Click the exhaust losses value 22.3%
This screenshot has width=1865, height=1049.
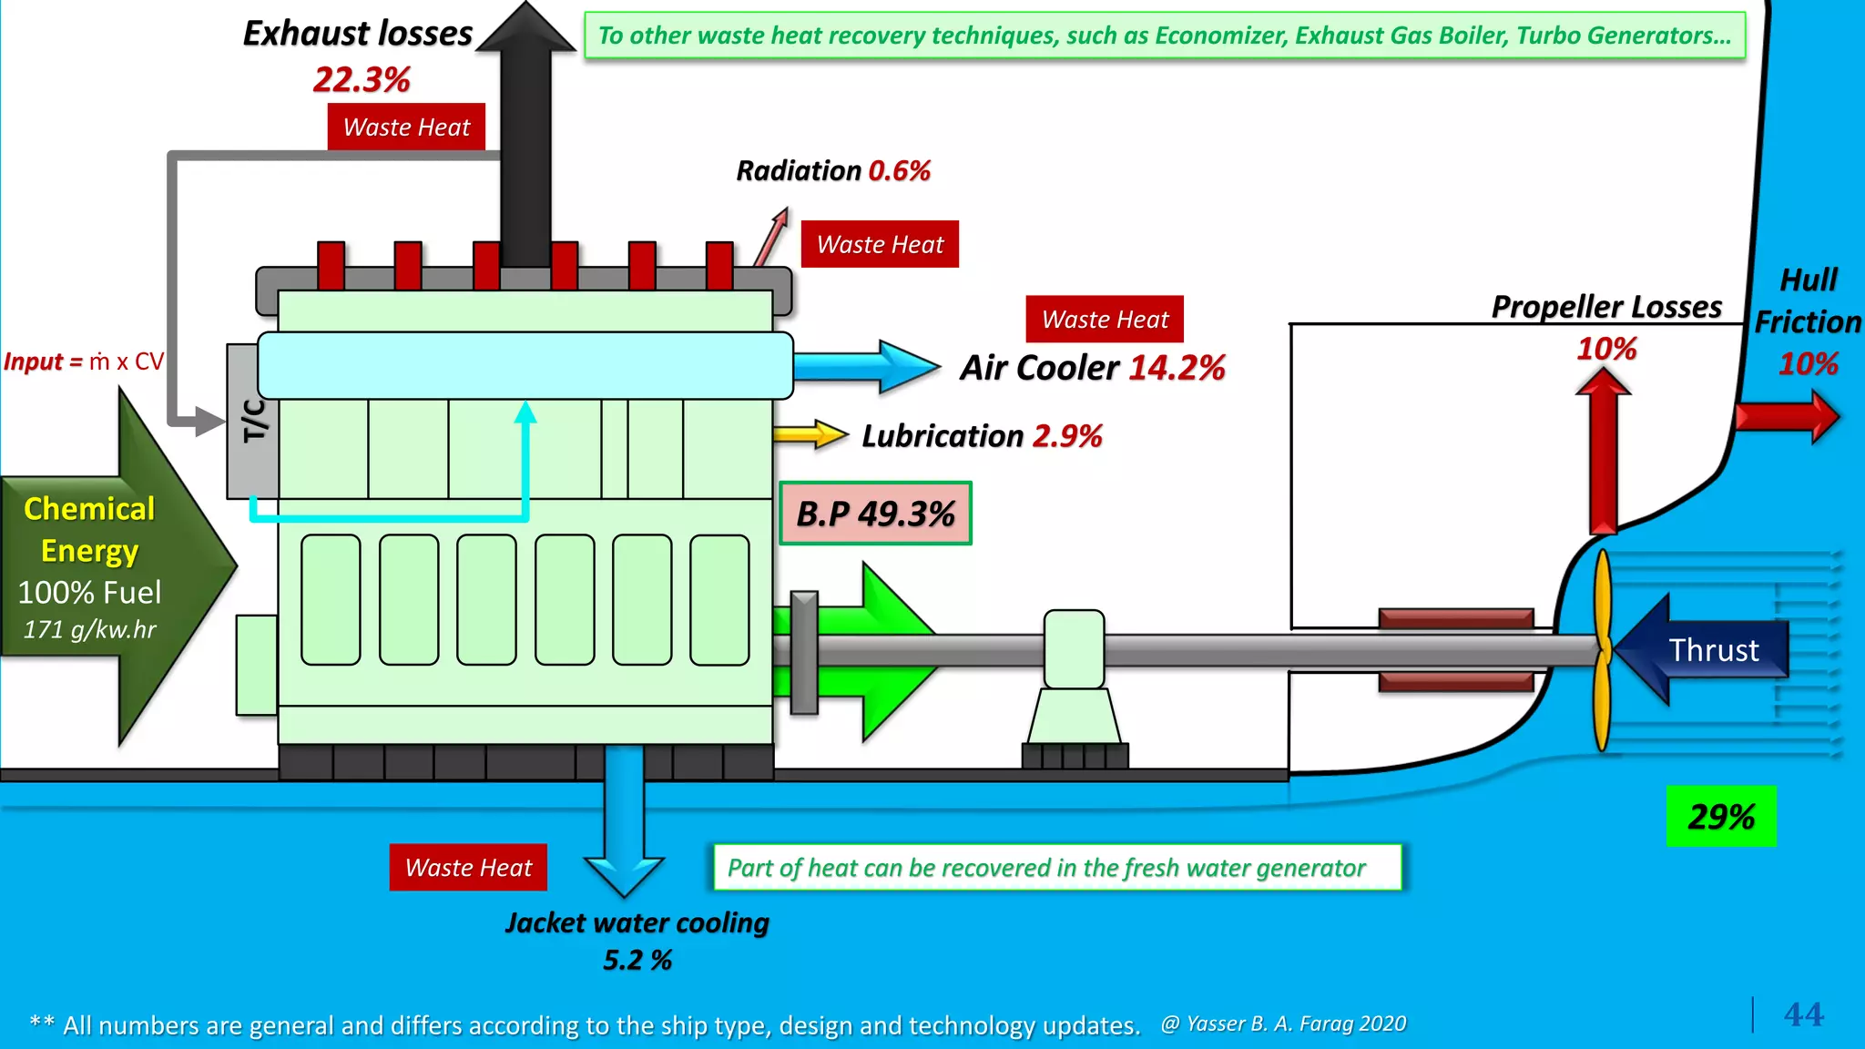coord(362,80)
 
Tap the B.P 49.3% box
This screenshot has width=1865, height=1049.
coord(875,514)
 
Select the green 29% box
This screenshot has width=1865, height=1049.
coord(1720,816)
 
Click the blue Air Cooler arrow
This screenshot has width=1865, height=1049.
coord(865,367)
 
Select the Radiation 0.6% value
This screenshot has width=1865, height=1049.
coord(899,170)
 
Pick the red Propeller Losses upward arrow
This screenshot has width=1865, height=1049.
coord(1603,455)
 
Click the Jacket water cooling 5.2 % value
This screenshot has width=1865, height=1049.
coord(637,960)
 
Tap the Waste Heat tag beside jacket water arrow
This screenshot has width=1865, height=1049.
coord(468,867)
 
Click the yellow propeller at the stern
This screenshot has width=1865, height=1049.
coord(1603,650)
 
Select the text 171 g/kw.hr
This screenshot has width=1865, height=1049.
coord(89,629)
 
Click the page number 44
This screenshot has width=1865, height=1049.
coord(1803,1014)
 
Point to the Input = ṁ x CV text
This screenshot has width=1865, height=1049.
coord(84,362)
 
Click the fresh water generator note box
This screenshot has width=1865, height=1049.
coord(1056,867)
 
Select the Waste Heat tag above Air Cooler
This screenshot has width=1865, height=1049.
coord(1105,319)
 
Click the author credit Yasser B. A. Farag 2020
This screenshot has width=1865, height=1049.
coord(1284,1024)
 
